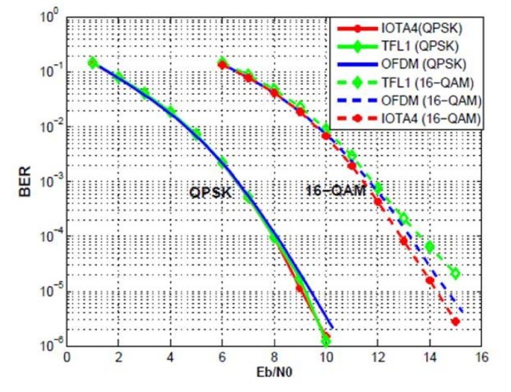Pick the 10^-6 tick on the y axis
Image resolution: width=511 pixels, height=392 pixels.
48,345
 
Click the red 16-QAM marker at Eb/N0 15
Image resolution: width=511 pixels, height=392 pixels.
455,322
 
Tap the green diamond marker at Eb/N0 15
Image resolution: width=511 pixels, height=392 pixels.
455,274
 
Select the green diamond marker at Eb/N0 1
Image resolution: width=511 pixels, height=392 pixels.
93,63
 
